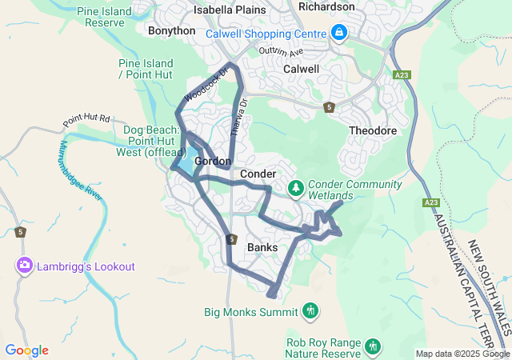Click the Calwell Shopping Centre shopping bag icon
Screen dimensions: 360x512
point(339,33)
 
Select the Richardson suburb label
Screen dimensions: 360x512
point(326,6)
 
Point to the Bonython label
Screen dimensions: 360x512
point(171,30)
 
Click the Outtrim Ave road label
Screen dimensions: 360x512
point(282,52)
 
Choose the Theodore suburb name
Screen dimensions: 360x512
point(373,130)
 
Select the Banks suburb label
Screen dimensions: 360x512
point(262,247)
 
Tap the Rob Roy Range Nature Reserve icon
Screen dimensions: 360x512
point(372,346)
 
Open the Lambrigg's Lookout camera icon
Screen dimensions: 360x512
point(24,266)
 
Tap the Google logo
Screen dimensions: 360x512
point(26,350)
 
